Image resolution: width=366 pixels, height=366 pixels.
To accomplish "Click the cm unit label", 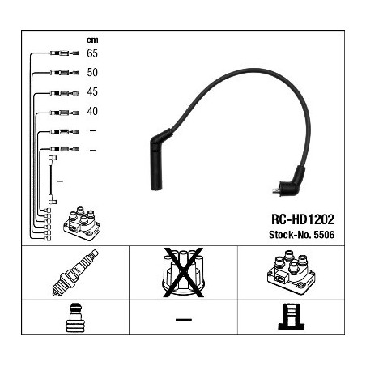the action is [92, 40].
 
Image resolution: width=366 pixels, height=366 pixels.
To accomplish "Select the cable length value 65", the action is [92, 53].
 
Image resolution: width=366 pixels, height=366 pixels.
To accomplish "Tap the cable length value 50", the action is [92, 72].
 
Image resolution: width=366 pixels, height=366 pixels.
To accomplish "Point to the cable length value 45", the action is [92, 91].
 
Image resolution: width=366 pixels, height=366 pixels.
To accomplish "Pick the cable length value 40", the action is [92, 111].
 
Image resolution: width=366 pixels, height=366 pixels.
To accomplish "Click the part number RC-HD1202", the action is [303, 219].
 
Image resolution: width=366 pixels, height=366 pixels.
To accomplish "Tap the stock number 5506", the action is [324, 235].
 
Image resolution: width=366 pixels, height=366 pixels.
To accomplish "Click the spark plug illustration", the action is [75, 273].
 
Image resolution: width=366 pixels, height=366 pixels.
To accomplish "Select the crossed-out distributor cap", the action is [183, 273].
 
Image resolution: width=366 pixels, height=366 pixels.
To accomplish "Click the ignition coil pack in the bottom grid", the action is [292, 272].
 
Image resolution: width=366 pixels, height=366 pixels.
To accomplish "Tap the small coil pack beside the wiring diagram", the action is [82, 224].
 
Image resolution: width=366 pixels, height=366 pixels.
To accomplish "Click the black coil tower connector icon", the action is [292, 317].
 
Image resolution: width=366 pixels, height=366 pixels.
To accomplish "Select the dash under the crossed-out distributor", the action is [184, 320].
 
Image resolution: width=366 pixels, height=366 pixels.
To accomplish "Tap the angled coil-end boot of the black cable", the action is [293, 181].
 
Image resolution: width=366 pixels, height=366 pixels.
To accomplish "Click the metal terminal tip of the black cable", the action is [276, 190].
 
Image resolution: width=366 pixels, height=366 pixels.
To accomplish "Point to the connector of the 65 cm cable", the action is [64, 53].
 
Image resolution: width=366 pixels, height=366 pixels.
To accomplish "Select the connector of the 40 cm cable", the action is [64, 113].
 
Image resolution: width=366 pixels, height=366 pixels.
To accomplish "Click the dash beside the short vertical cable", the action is [60, 181].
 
